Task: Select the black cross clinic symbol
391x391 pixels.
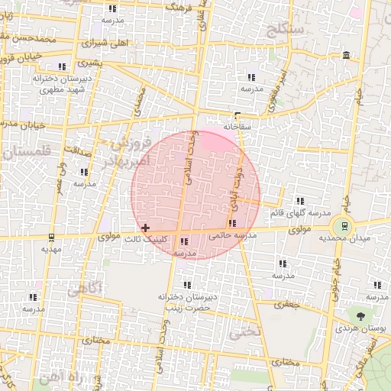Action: coord(145,228)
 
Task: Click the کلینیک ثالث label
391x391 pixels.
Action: coord(152,240)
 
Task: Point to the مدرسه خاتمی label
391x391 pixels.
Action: coord(232,235)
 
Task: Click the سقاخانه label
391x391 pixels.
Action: coord(237,124)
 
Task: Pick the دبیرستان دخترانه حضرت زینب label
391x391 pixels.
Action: coord(188,302)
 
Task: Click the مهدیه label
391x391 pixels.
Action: coord(50,249)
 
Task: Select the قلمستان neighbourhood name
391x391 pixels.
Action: coord(25,152)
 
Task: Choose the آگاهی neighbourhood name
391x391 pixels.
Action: coord(86,289)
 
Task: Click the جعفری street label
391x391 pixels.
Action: coord(284,304)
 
